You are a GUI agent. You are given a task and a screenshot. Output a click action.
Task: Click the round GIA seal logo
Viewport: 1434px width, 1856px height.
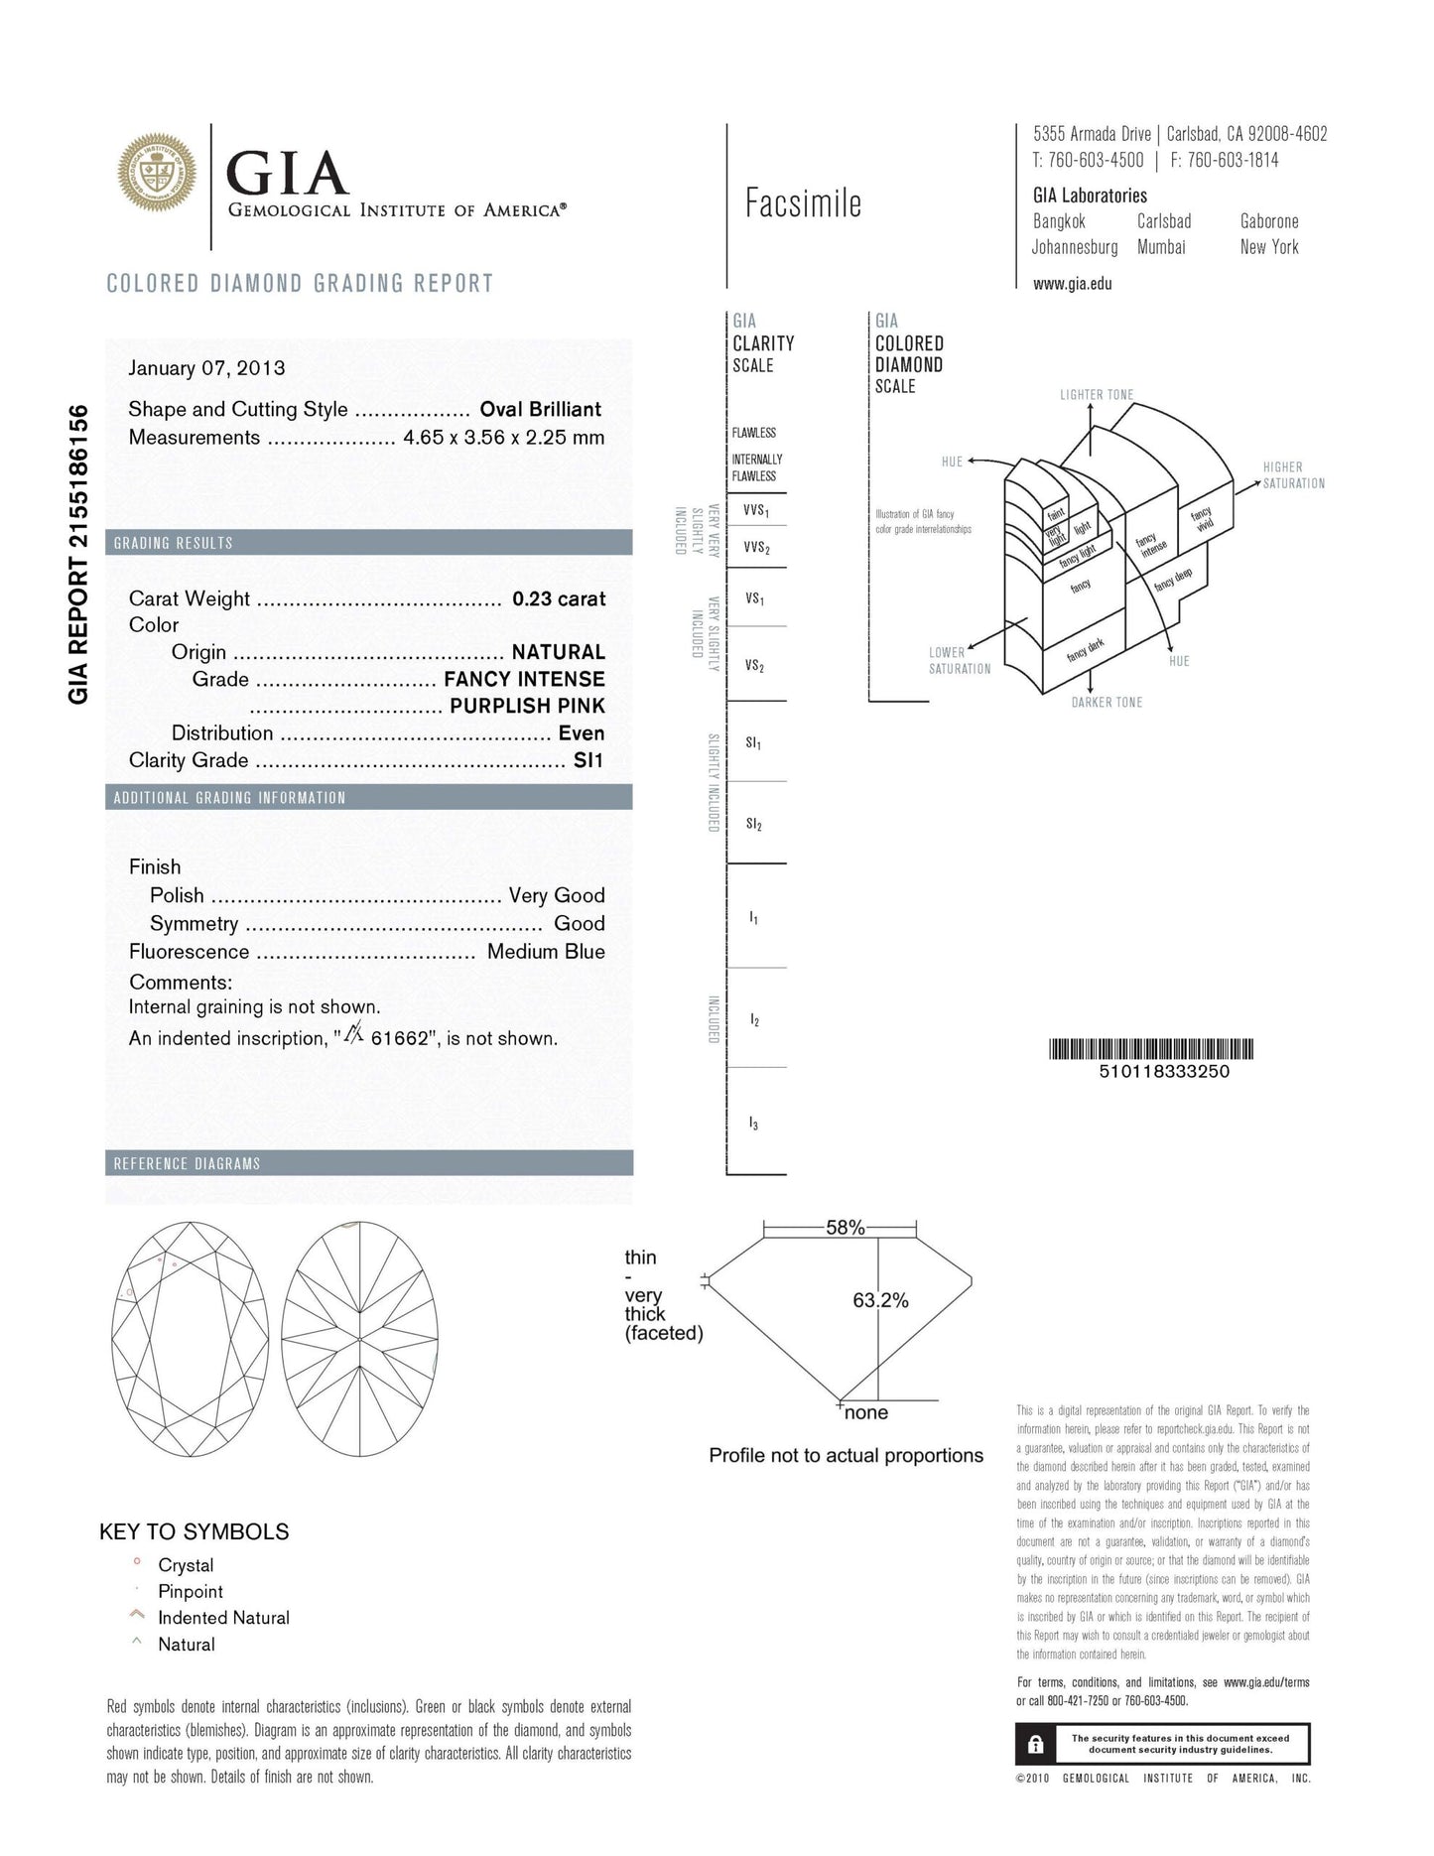click(157, 175)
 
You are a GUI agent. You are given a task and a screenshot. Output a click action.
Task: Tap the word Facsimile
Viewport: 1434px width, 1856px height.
click(803, 203)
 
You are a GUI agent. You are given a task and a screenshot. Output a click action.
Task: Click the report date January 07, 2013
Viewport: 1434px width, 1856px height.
click(206, 368)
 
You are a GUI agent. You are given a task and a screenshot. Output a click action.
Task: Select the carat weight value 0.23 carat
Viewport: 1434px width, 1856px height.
click(559, 598)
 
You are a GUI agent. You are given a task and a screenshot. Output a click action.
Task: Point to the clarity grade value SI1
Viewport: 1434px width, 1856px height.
click(588, 760)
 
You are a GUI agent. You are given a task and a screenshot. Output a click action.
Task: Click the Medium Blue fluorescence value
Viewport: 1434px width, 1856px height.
click(546, 952)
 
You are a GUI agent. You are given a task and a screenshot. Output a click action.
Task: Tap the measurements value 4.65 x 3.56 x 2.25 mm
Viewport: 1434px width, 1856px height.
click(503, 438)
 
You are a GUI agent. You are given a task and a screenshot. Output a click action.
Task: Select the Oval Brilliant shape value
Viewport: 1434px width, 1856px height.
click(541, 409)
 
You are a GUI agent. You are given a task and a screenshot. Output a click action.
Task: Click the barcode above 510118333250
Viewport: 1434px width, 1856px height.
click(1151, 1049)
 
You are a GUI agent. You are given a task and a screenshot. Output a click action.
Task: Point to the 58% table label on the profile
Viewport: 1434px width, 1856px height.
click(845, 1228)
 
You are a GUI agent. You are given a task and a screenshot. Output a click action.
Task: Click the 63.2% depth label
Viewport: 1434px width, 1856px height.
click(880, 1300)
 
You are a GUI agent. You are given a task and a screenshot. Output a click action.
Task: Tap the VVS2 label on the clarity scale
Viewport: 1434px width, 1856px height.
click(756, 548)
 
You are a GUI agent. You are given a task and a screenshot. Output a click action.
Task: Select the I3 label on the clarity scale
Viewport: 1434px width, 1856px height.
click(754, 1124)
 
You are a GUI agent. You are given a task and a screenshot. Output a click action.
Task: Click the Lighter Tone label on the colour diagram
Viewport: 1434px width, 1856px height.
click(1096, 395)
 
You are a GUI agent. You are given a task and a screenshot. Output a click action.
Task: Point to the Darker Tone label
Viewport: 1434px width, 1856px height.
click(1107, 703)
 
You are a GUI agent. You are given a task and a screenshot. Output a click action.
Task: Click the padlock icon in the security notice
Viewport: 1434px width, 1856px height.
click(1035, 1744)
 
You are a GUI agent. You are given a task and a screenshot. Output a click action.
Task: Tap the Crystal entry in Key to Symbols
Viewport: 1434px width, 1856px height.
click(186, 1565)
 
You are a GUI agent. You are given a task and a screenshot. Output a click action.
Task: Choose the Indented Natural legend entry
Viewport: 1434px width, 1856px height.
click(223, 1618)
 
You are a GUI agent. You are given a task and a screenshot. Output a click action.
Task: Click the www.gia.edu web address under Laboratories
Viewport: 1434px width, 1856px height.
click(1072, 284)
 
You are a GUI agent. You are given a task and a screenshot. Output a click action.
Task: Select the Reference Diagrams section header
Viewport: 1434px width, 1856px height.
click(187, 1163)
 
